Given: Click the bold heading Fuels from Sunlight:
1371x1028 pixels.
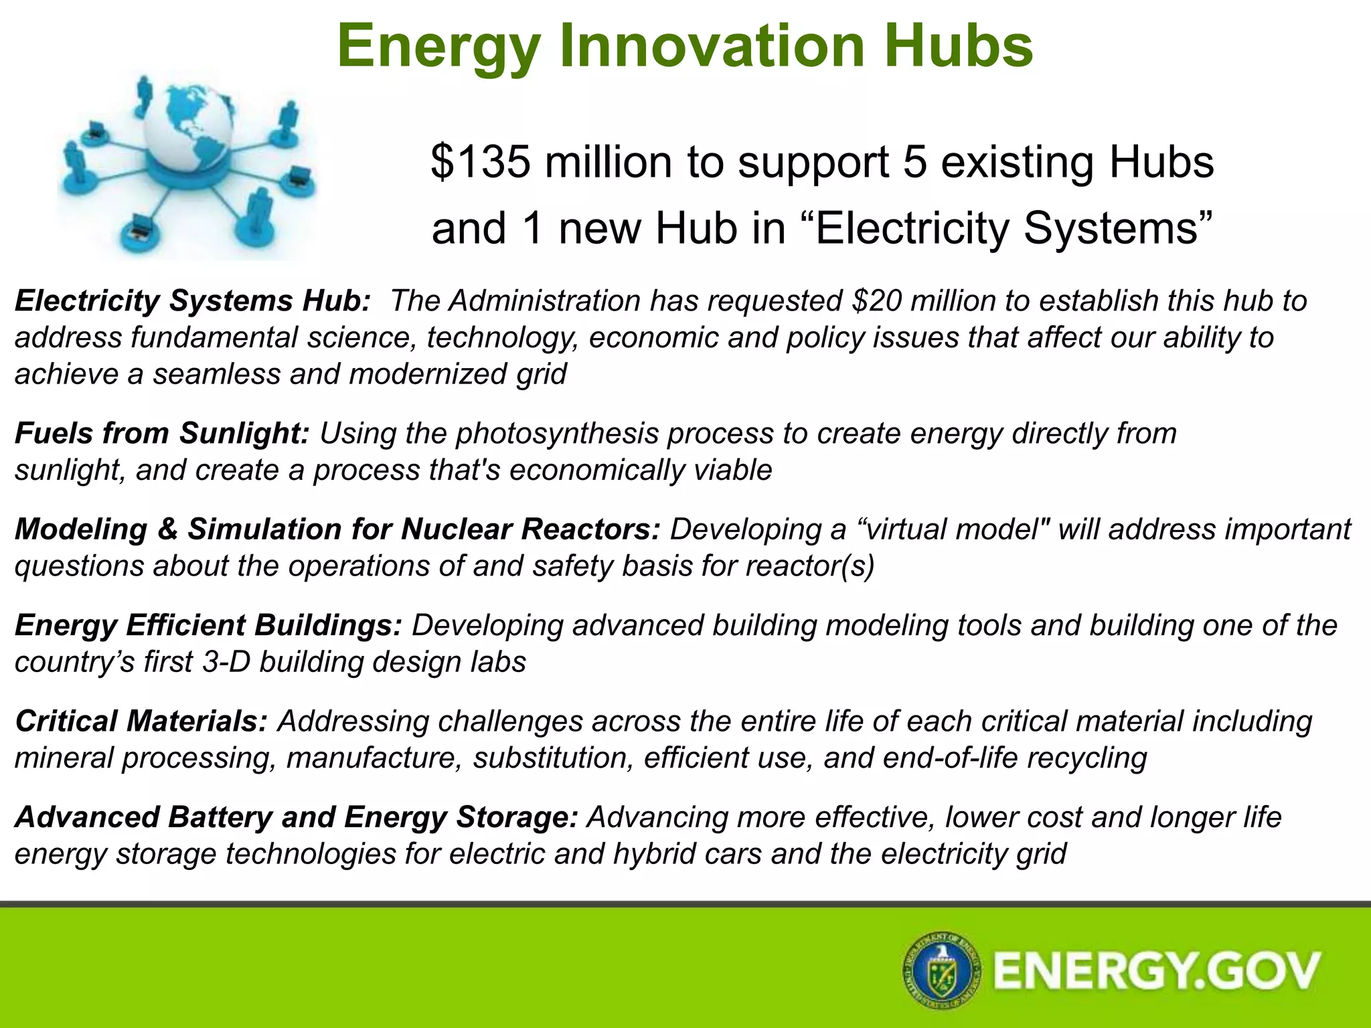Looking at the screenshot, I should point(161,434).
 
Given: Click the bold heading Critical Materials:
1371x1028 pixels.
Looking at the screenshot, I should point(141,721).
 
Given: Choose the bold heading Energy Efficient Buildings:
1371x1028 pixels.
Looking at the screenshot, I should point(208,625).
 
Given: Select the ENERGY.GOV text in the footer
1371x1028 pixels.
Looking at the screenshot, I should point(1157,971).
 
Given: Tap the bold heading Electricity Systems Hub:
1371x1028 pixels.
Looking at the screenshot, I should point(192,301).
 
